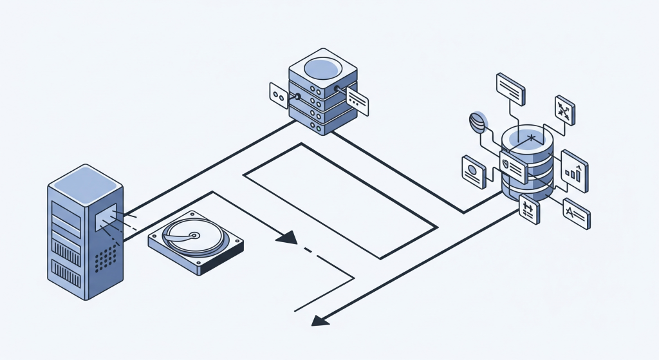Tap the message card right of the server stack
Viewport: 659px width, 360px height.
358,100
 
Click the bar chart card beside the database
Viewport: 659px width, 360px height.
575,171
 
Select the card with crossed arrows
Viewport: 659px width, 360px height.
565,111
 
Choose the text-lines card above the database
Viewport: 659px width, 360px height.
511,88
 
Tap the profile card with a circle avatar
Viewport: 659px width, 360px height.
474,172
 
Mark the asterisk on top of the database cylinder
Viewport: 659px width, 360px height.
531,137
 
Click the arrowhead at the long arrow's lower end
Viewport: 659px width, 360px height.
317,320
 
